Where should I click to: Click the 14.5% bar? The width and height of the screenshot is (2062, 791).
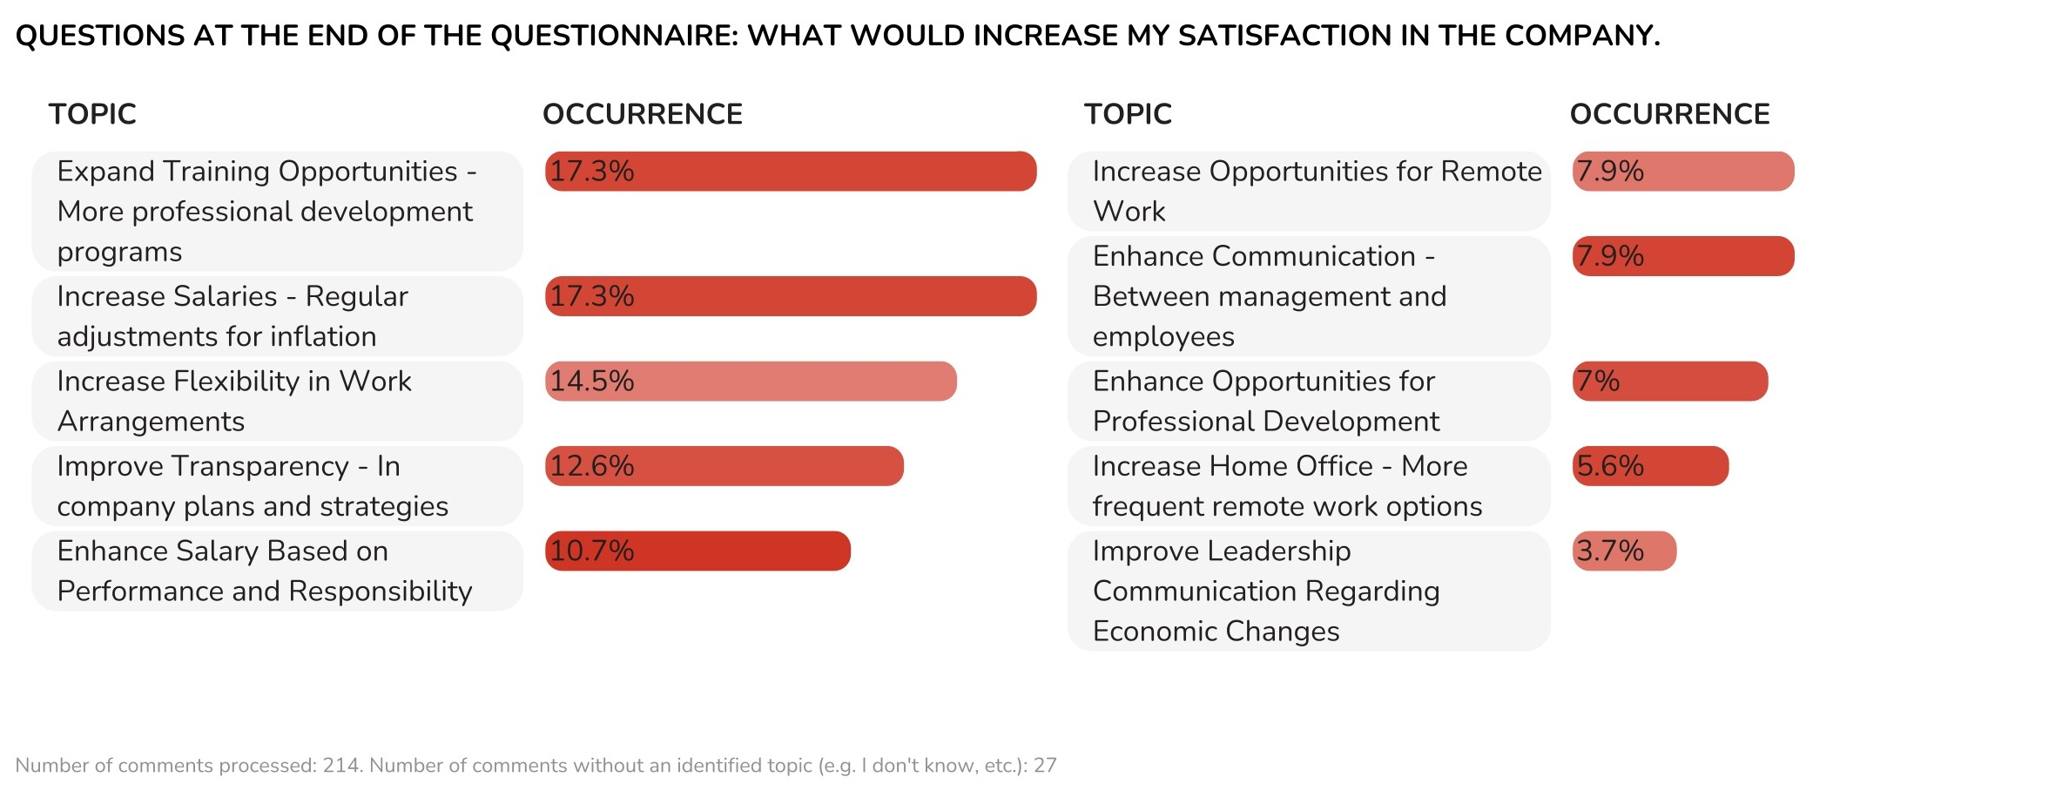tap(751, 382)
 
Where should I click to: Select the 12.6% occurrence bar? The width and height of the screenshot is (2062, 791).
tap(724, 466)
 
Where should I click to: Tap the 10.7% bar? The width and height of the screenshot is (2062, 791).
tap(697, 551)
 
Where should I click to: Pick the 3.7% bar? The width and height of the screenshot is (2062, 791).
tap(1624, 551)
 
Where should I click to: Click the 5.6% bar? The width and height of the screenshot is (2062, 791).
tap(1650, 466)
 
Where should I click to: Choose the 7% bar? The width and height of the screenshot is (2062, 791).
tap(1670, 382)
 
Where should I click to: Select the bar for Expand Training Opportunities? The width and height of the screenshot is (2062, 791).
tap(791, 172)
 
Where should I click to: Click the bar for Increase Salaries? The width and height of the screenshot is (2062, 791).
tap(791, 296)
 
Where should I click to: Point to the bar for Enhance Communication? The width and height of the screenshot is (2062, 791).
tap(1683, 256)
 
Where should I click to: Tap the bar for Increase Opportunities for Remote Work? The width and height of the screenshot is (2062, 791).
tap(1683, 172)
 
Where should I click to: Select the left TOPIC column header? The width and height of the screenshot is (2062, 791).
tap(92, 114)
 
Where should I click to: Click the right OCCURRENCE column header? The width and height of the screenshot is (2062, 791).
tap(1669, 114)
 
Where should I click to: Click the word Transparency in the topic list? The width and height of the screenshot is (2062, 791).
tap(265, 467)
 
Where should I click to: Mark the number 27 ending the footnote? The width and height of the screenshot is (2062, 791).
tap(1045, 766)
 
